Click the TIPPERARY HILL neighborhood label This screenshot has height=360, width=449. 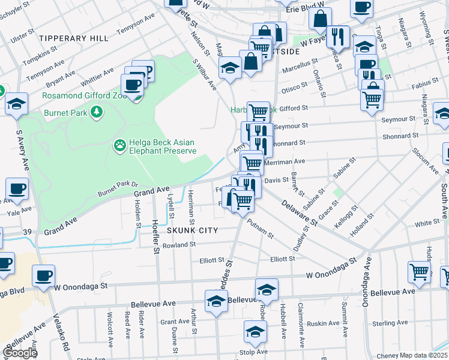pyautogui.click(x=74, y=38)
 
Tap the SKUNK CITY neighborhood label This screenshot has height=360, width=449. pyautogui.click(x=191, y=230)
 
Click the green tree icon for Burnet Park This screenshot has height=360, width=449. pyautogui.click(x=95, y=112)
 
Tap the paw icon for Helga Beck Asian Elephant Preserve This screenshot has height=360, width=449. pyautogui.click(x=119, y=145)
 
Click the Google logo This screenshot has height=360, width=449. pyautogui.click(x=20, y=353)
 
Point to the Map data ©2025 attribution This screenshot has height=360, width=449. pyautogui.click(x=412, y=355)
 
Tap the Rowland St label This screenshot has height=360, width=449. pyautogui.click(x=179, y=245)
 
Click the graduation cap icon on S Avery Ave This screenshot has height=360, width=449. pyautogui.click(x=17, y=104)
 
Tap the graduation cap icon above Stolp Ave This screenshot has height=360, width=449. pyautogui.click(x=255, y=331)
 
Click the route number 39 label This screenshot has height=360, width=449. pyautogui.click(x=27, y=232)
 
